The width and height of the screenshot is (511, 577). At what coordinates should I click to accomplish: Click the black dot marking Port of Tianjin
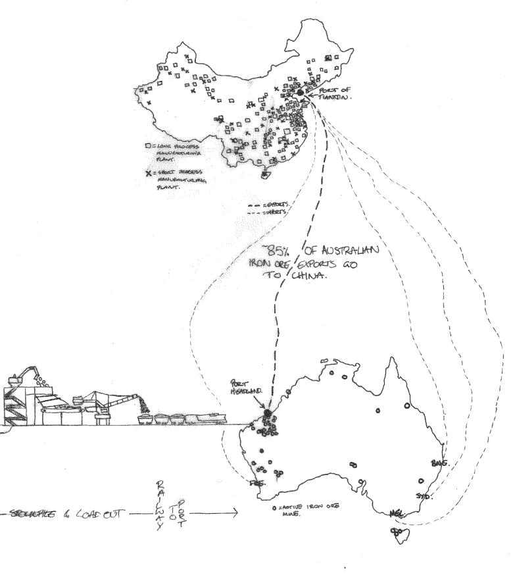pos(301,93)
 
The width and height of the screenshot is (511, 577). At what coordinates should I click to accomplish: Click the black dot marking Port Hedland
pos(268,413)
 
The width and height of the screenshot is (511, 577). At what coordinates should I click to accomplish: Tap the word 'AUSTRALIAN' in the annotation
pos(349,249)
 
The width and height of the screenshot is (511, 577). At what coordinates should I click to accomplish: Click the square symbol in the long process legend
pos(149,146)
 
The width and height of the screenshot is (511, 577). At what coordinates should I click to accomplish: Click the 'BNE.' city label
pos(439,463)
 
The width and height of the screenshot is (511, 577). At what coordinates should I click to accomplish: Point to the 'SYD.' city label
pos(424,495)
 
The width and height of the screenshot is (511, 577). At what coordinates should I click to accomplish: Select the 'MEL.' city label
pos(396,513)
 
